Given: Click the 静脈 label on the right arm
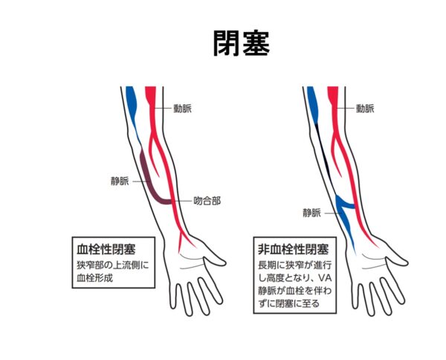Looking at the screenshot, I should click(311, 213).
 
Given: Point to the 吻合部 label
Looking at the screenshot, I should click(206, 201).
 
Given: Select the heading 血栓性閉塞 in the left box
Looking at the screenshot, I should click(106, 246).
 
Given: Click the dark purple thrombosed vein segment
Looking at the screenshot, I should click(149, 179).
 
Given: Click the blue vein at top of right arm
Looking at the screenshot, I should click(312, 100).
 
